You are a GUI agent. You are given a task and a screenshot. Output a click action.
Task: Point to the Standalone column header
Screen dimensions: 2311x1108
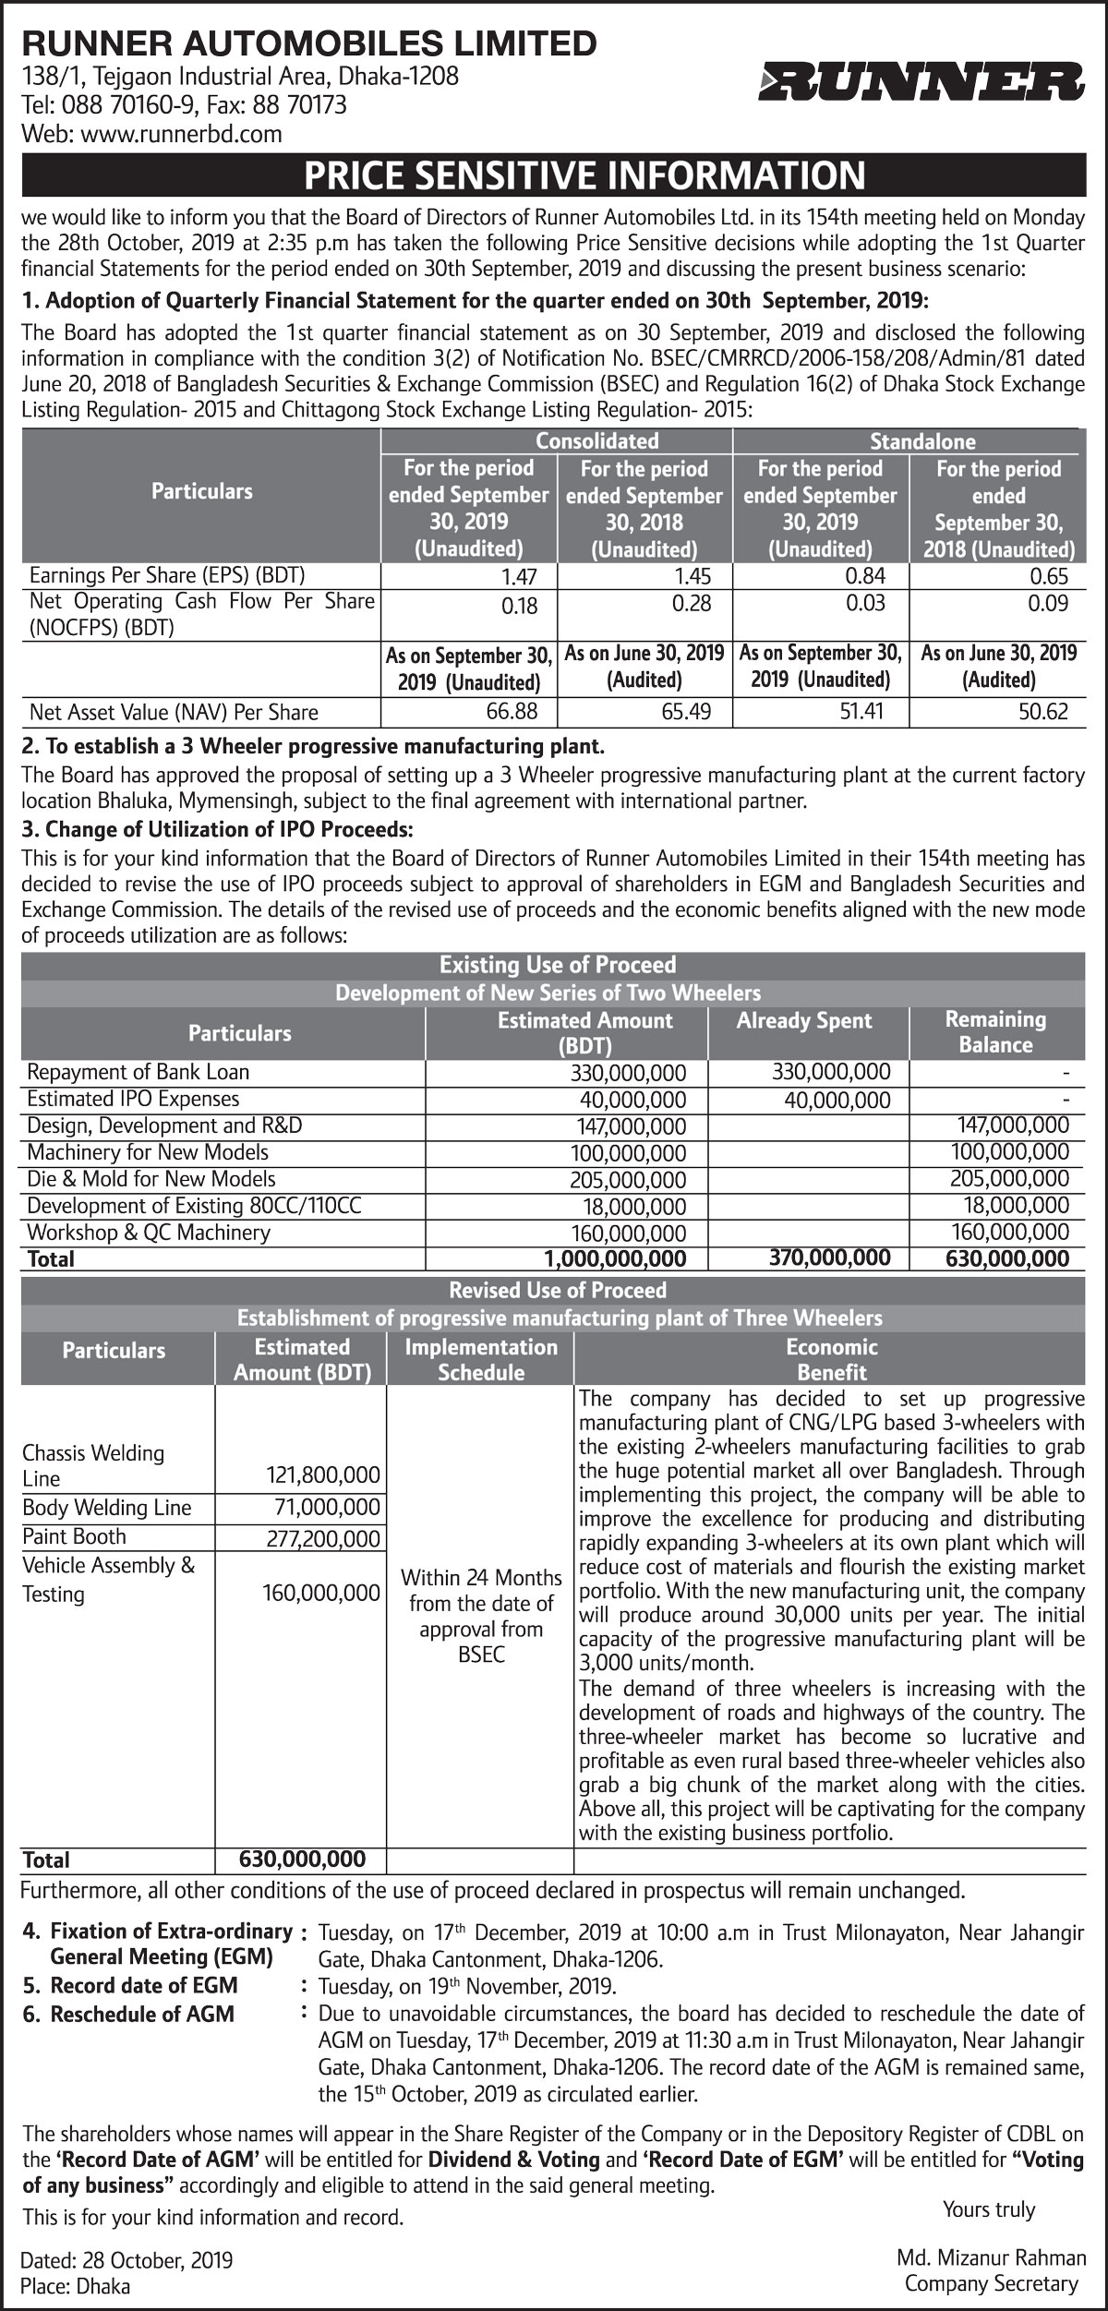coord(922,441)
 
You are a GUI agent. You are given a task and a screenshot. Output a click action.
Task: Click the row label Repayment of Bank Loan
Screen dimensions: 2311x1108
coord(138,1072)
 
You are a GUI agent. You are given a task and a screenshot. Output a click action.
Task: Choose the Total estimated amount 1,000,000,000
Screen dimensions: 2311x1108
coord(615,1258)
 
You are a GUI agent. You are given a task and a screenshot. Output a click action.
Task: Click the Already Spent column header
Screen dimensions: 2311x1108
coord(804,1020)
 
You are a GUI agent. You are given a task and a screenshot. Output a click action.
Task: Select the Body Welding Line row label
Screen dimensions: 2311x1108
coord(107,1508)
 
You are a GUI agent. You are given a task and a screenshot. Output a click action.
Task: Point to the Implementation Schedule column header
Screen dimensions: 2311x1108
coord(481,1359)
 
